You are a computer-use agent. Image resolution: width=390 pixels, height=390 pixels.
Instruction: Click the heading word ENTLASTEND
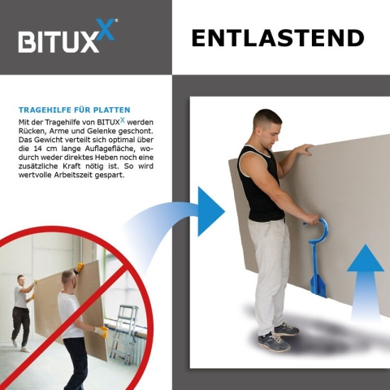[x=277, y=37]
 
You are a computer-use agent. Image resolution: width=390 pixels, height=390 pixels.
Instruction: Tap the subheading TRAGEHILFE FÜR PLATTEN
[x=74, y=109]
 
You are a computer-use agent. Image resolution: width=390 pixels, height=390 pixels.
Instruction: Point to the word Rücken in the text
[x=32, y=131]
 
